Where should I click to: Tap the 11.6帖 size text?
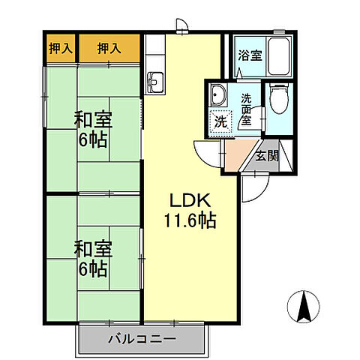click(x=191, y=221)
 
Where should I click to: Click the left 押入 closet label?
click(x=59, y=49)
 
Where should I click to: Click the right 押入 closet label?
click(x=109, y=49)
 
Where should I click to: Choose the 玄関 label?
click(x=266, y=156)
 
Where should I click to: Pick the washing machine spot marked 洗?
click(x=220, y=122)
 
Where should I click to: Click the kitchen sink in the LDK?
click(x=157, y=80)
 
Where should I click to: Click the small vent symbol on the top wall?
click(x=181, y=29)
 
